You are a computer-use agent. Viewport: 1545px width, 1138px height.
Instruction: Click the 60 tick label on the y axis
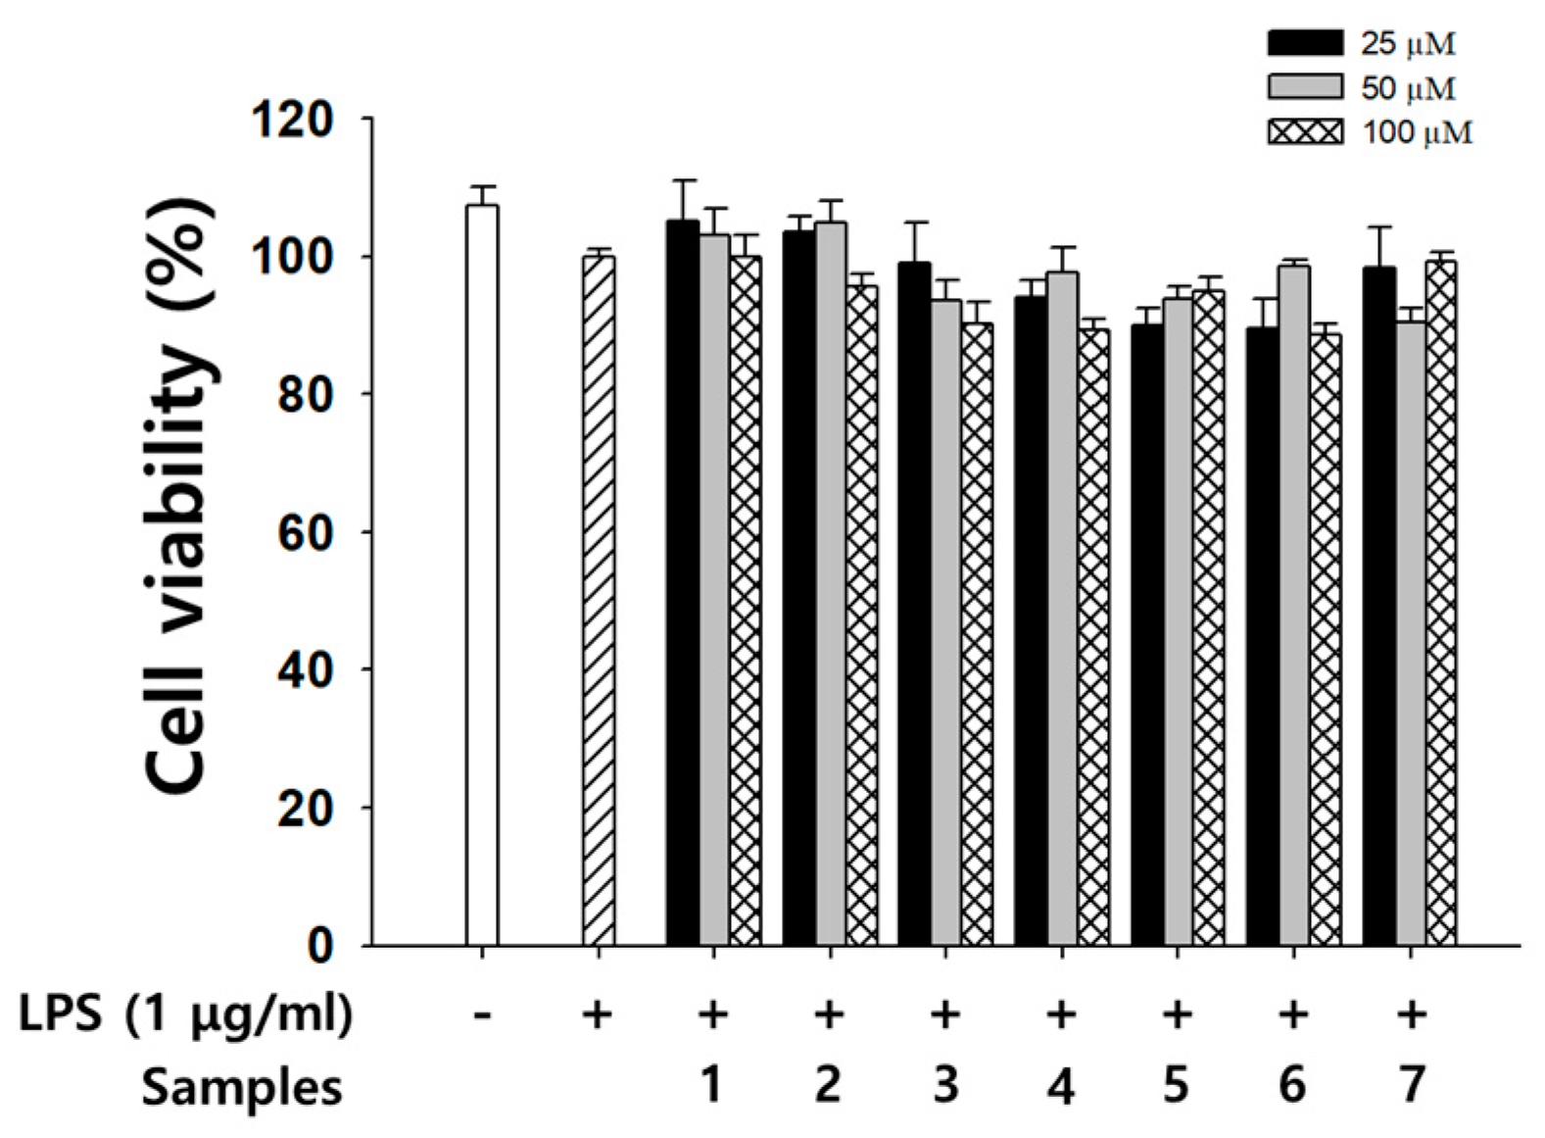(307, 532)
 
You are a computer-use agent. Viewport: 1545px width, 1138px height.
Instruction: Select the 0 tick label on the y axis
(320, 946)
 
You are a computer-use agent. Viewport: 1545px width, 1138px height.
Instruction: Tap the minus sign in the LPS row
(481, 1014)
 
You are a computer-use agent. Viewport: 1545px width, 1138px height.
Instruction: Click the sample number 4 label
(1061, 1086)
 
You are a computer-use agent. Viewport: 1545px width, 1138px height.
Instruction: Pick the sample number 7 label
(1411, 1085)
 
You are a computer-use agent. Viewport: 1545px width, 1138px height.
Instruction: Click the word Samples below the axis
(242, 1087)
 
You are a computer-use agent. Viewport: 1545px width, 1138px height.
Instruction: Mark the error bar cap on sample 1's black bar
(683, 180)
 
